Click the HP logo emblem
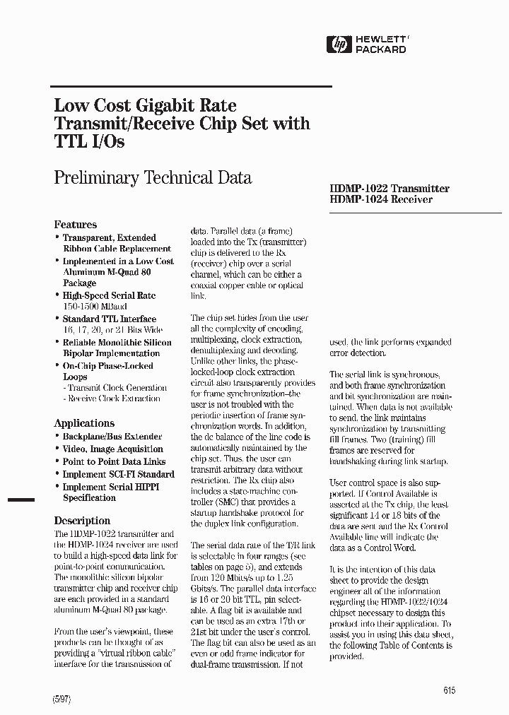point(338,45)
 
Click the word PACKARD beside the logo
point(380,50)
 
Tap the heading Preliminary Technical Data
point(153,177)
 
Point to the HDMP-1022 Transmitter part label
point(390,189)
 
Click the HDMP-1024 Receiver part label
point(381,200)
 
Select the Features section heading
point(76,225)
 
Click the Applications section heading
point(84,423)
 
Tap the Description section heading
point(82,521)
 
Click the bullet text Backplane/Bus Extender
point(112,437)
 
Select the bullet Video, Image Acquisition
point(113,449)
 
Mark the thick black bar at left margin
point(21,500)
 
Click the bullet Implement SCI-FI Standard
point(118,474)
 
